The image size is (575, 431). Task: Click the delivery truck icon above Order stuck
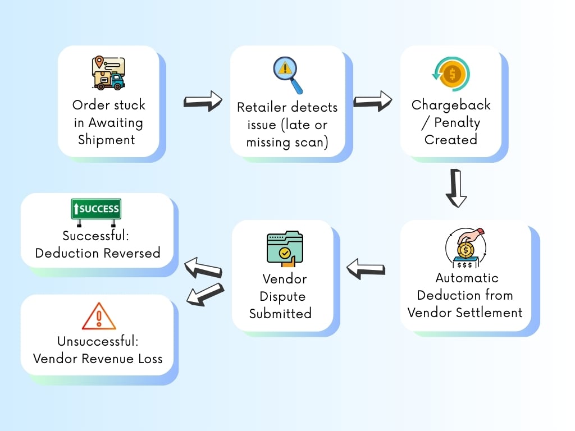108,73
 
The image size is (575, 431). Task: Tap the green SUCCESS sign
95,209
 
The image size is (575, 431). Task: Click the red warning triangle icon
99,317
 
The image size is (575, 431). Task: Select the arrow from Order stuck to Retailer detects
203,102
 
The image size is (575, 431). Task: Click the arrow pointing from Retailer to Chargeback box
372,102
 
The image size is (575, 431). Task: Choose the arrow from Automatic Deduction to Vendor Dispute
366,268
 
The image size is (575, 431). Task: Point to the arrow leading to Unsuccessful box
204,295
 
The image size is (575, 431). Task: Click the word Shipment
107,140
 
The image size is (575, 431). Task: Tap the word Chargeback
451,105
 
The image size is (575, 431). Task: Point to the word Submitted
280,314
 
